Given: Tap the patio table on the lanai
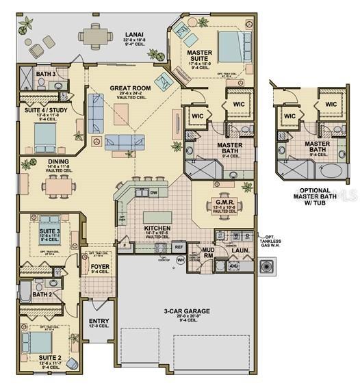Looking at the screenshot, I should [92, 34].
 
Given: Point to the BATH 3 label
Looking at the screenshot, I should [46, 74].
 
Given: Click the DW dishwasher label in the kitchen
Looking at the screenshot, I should [155, 193].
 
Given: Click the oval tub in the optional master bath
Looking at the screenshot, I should [335, 168].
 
